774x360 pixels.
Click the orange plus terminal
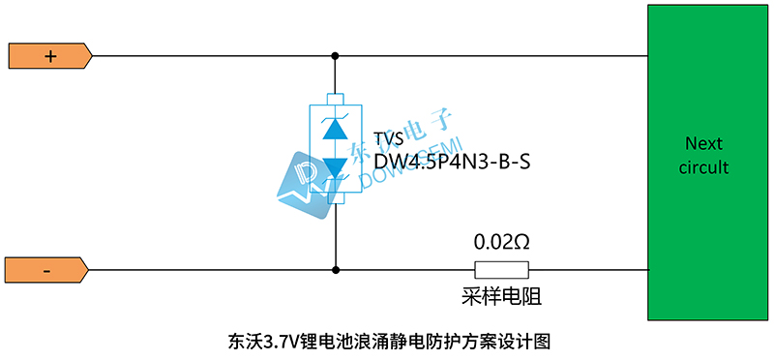click(x=49, y=56)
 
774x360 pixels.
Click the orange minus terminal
click(x=47, y=271)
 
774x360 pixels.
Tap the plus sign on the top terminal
click(x=50, y=56)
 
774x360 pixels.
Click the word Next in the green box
click(x=703, y=143)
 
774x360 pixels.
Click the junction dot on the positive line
click(x=335, y=56)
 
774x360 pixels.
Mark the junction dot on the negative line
click(x=335, y=271)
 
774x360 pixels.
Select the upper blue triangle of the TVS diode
click(x=335, y=129)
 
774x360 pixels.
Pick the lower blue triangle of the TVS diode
click(x=335, y=167)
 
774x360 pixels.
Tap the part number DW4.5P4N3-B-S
click(x=452, y=162)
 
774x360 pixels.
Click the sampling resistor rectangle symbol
click(x=500, y=271)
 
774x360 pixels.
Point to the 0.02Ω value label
click(x=500, y=240)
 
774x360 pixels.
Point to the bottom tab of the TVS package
click(x=335, y=199)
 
